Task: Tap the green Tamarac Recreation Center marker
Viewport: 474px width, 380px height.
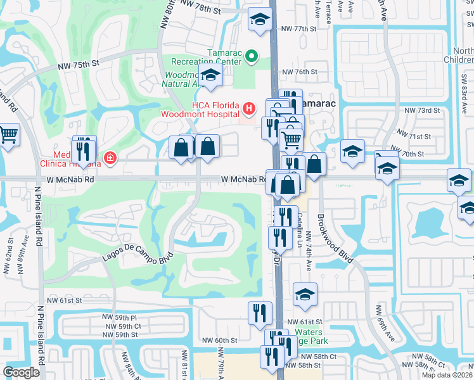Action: pos(251,58)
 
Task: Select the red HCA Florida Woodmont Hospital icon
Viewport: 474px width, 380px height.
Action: pos(249,108)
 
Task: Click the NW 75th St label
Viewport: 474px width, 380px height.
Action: pos(79,63)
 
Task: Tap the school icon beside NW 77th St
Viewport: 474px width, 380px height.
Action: pos(259,20)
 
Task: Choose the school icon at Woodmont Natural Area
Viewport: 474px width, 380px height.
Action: pos(210,75)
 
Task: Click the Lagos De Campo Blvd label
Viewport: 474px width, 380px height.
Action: pos(129,254)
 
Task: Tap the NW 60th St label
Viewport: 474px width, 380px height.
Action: pos(219,340)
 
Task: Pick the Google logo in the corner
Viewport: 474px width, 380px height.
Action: pos(22,372)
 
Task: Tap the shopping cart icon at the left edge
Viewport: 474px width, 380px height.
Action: pos(7,134)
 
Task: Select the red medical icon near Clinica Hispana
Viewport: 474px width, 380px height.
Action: pos(110,157)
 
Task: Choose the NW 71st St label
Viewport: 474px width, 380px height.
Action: pos(414,136)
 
